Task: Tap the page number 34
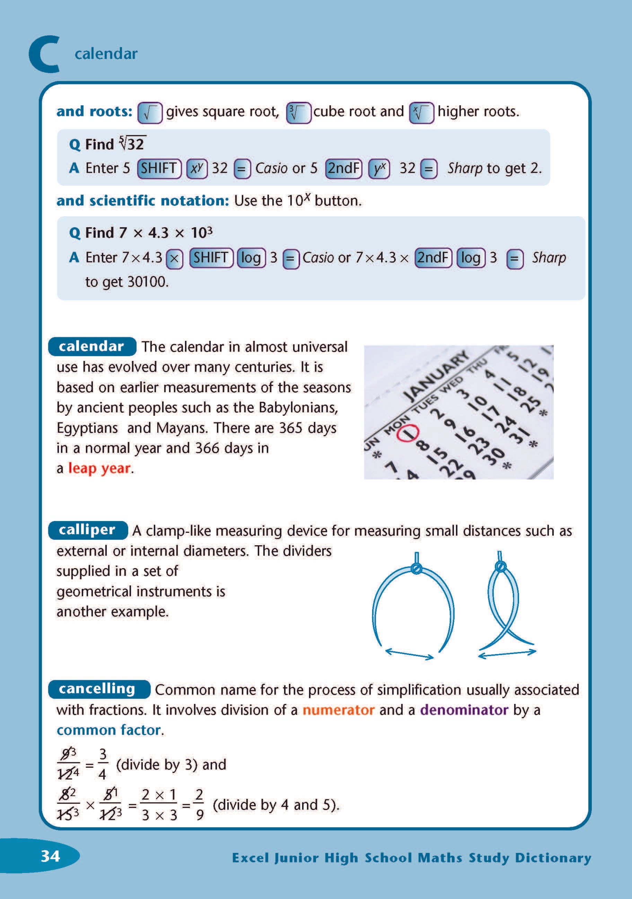coord(51,856)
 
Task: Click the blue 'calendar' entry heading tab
coord(91,346)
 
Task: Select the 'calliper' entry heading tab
coord(87,530)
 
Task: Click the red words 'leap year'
coord(99,468)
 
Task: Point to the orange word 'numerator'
coord(338,710)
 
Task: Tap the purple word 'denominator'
coord(464,710)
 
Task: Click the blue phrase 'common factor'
coord(109,730)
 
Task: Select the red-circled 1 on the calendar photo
coord(408,433)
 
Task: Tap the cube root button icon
coord(298,113)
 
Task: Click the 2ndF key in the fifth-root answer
coord(343,168)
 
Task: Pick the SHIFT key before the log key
coord(211,258)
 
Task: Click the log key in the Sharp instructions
coord(471,258)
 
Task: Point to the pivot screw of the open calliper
coord(416,569)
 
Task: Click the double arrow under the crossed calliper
coord(507,653)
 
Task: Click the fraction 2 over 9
coord(199,804)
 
